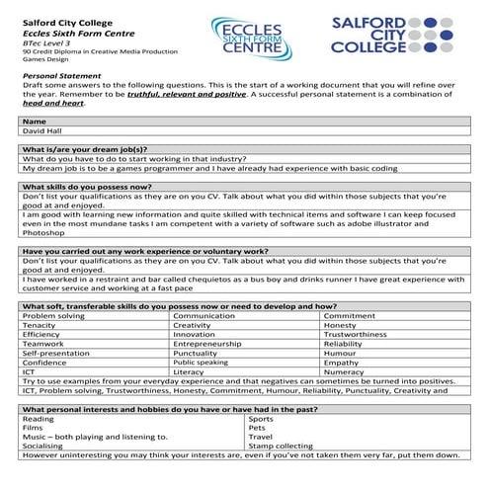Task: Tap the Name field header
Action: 34,121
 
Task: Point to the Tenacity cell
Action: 40,324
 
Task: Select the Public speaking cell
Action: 202,362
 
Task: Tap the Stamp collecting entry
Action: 282,446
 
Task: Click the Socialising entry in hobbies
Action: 43,446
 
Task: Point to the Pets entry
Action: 259,427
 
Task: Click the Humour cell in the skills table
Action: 341,353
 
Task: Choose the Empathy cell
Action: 342,362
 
